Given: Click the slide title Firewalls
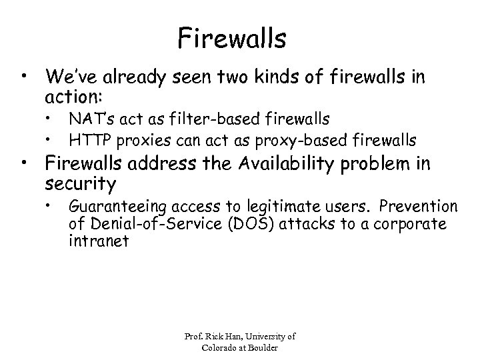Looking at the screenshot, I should (232, 38).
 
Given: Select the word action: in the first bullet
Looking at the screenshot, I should (73, 97).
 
